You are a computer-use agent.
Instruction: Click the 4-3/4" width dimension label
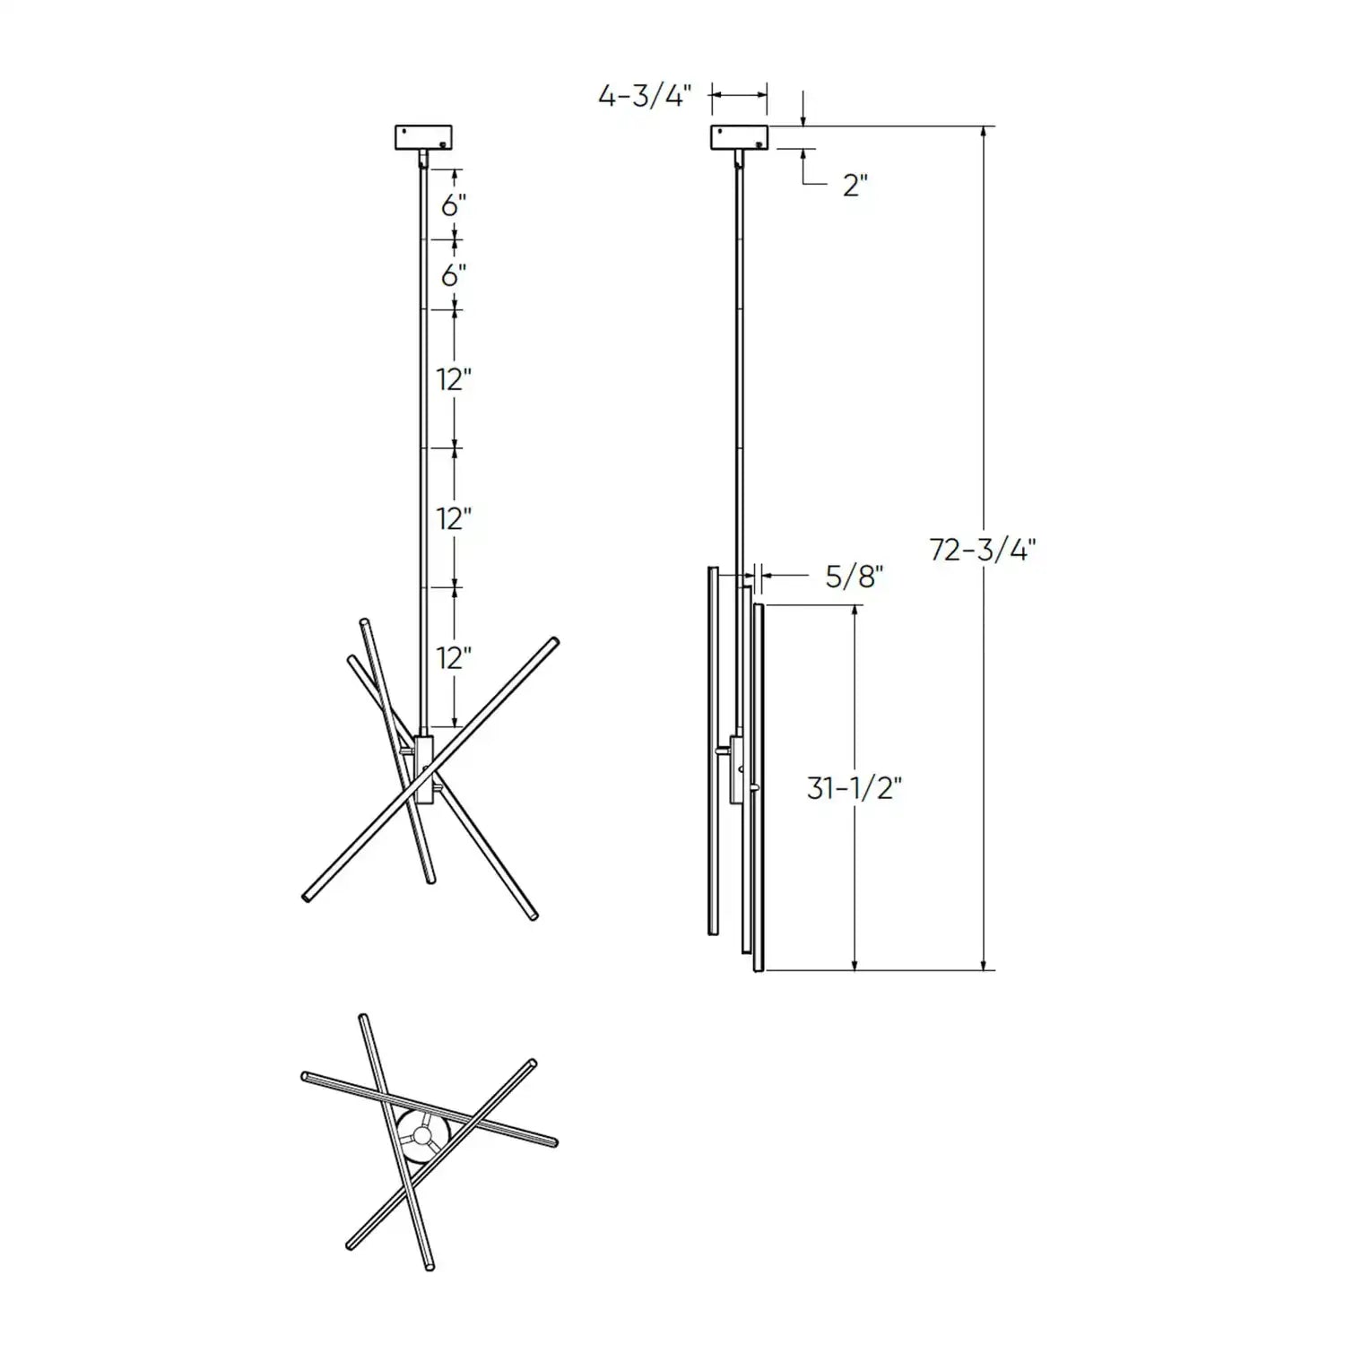(645, 95)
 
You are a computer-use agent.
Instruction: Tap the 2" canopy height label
(855, 185)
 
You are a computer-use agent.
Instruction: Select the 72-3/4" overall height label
(982, 549)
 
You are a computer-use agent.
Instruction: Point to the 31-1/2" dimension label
(854, 788)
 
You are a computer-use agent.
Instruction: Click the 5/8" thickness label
(855, 577)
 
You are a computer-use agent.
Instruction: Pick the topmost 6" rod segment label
(454, 205)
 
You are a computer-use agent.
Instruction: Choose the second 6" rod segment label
(454, 275)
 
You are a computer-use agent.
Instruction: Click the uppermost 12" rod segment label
(454, 379)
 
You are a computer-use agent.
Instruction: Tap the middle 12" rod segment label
(454, 518)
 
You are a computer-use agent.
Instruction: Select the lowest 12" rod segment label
(454, 658)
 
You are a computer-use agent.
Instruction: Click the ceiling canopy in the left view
(423, 137)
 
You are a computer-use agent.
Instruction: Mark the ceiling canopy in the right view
(740, 137)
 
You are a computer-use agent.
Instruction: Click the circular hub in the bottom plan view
(420, 1136)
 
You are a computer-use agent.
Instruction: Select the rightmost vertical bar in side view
(759, 789)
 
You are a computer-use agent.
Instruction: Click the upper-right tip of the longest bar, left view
(553, 642)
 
